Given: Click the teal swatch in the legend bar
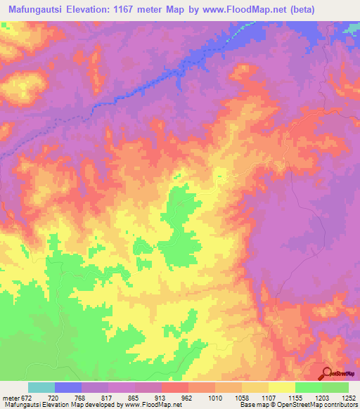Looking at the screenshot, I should point(41,388).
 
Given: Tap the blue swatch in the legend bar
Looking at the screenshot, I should point(68,388).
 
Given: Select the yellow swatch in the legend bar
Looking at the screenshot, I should point(282,388).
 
